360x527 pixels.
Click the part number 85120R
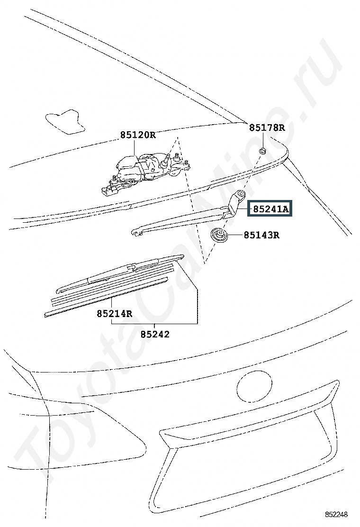pyautogui.click(x=137, y=135)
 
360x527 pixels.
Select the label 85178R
pyautogui.click(x=267, y=127)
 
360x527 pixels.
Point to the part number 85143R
pyautogui.click(x=261, y=235)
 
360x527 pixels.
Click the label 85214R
pyautogui.click(x=114, y=313)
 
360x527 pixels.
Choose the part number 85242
pyautogui.click(x=154, y=334)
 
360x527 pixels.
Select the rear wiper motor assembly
pyautogui.click(x=142, y=171)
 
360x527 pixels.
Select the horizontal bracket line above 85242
pyautogui.click(x=154, y=323)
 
